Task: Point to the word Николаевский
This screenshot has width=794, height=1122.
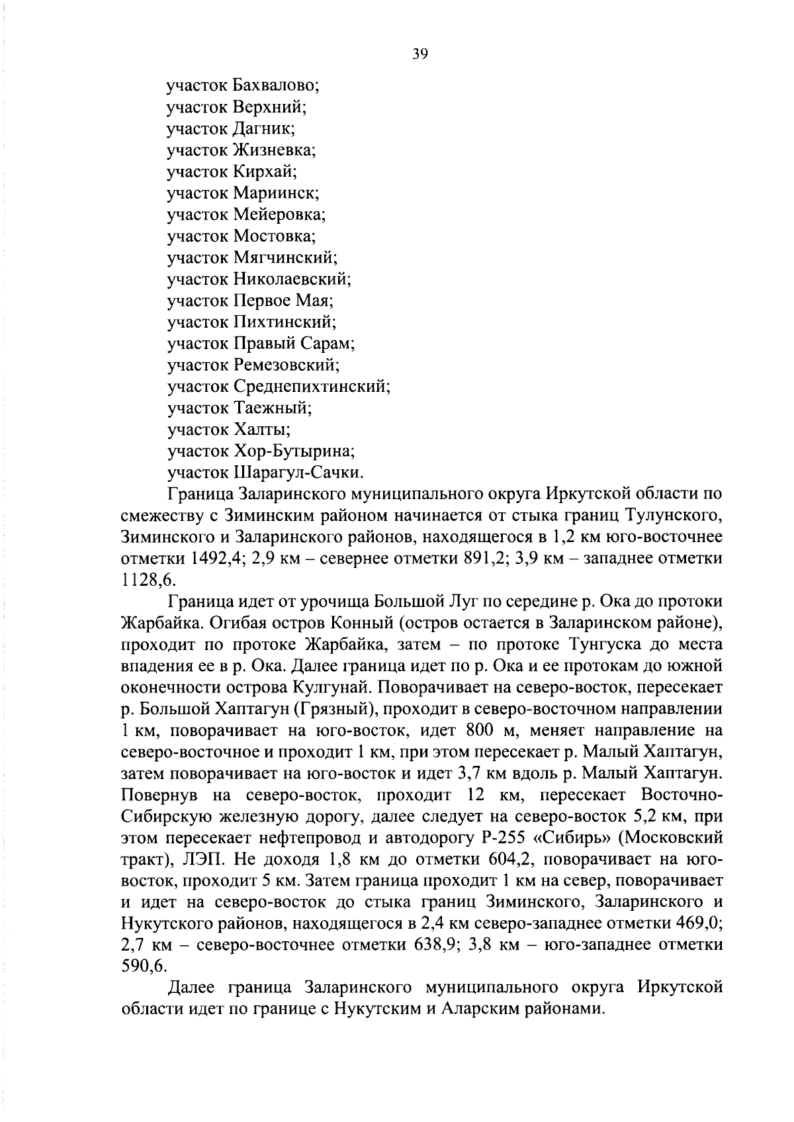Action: pyautogui.click(x=292, y=279)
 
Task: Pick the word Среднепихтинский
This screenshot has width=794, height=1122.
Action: pyautogui.click(x=312, y=387)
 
